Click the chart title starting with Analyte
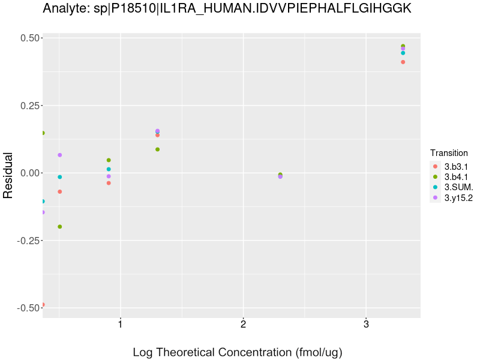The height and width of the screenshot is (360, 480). click(227, 8)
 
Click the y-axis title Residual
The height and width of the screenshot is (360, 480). click(8, 175)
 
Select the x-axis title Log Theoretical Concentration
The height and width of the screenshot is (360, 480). click(237, 352)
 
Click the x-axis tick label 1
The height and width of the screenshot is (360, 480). click(120, 325)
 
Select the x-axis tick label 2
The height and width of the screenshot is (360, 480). click(243, 325)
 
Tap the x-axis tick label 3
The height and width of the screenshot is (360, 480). click(366, 325)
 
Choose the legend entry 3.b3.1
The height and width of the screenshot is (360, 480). click(456, 166)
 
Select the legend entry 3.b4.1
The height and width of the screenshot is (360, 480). click(456, 177)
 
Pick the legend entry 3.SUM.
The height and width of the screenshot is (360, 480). click(458, 187)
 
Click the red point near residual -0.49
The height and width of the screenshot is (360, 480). click(43, 305)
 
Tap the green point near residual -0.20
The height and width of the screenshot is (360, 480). click(60, 227)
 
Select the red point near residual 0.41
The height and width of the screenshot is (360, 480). click(403, 62)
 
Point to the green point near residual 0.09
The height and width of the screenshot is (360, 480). click(157, 149)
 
